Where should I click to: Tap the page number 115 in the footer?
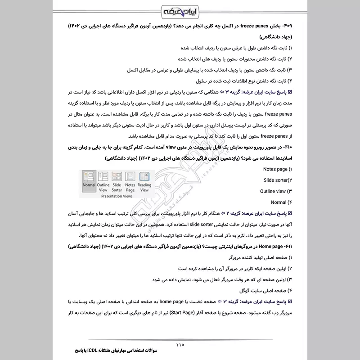[180, 345]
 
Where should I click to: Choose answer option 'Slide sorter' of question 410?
[277, 180]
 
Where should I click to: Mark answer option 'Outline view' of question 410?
[275, 191]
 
